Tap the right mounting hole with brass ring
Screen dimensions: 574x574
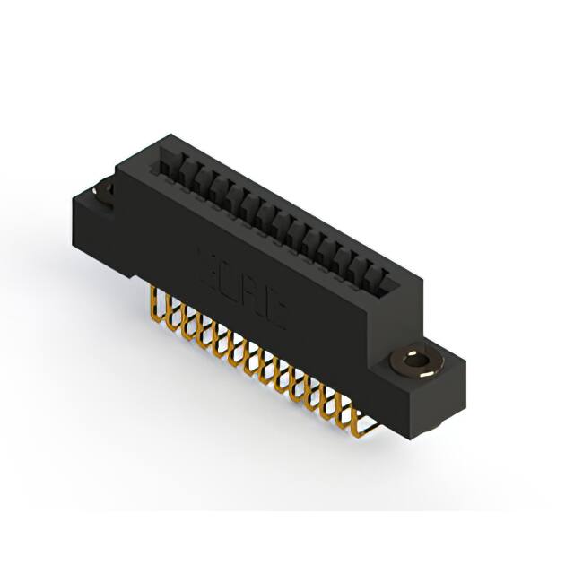416,363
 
